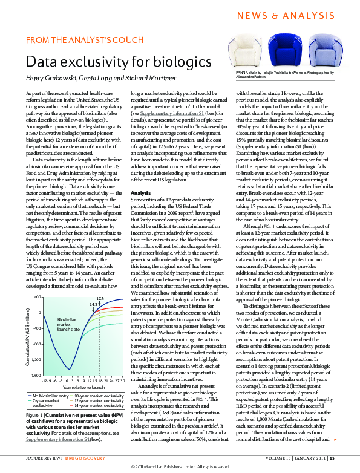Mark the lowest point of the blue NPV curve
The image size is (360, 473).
(x=69, y=369)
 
